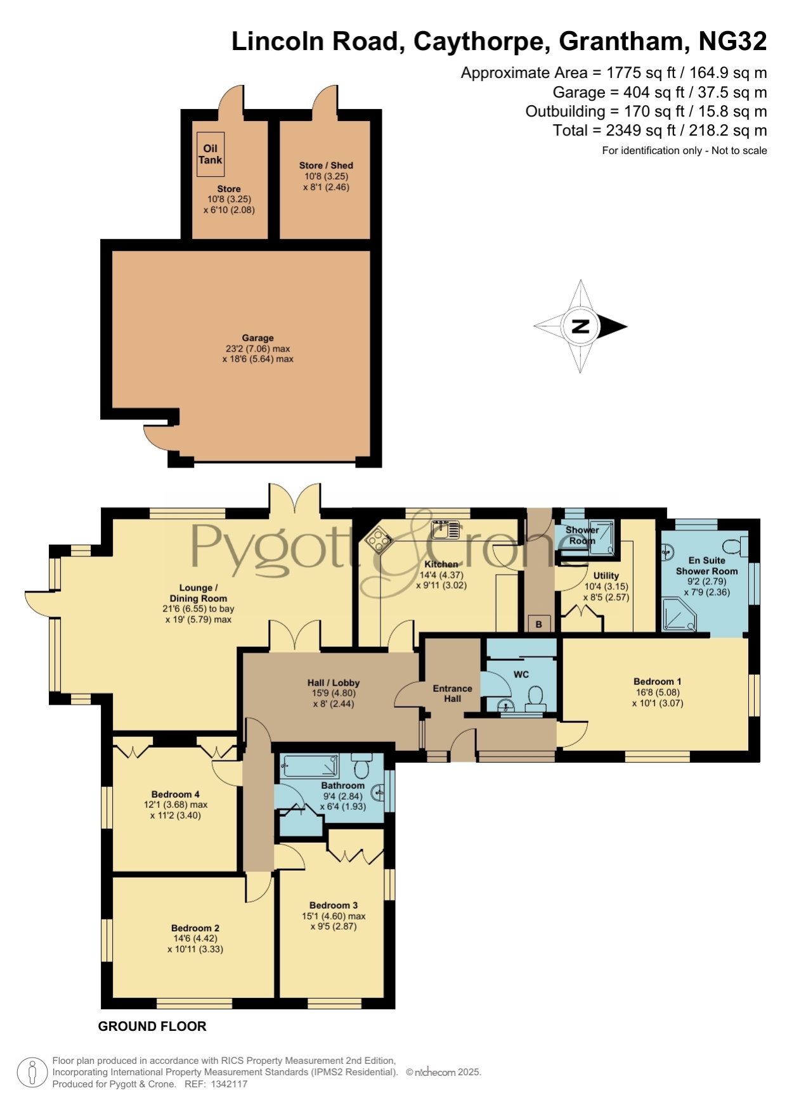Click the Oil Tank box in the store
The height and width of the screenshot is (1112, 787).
coord(211,154)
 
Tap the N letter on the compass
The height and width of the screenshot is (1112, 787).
coord(580,326)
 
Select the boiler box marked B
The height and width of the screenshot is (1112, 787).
coord(538,623)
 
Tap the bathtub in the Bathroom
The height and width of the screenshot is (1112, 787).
coord(311,766)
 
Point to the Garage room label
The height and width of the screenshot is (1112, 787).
coord(257,338)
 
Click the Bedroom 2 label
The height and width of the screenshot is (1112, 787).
coord(195,928)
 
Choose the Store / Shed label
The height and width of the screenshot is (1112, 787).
coord(326,165)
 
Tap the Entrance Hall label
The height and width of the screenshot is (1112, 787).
coord(452,693)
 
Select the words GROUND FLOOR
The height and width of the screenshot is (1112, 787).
coord(152,1026)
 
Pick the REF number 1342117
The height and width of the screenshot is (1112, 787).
coord(225,1084)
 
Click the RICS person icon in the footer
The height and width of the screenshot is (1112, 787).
coord(32,1073)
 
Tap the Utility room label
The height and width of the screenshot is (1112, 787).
coord(606,575)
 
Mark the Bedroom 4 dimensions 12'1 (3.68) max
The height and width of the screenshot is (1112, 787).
coord(176,805)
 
